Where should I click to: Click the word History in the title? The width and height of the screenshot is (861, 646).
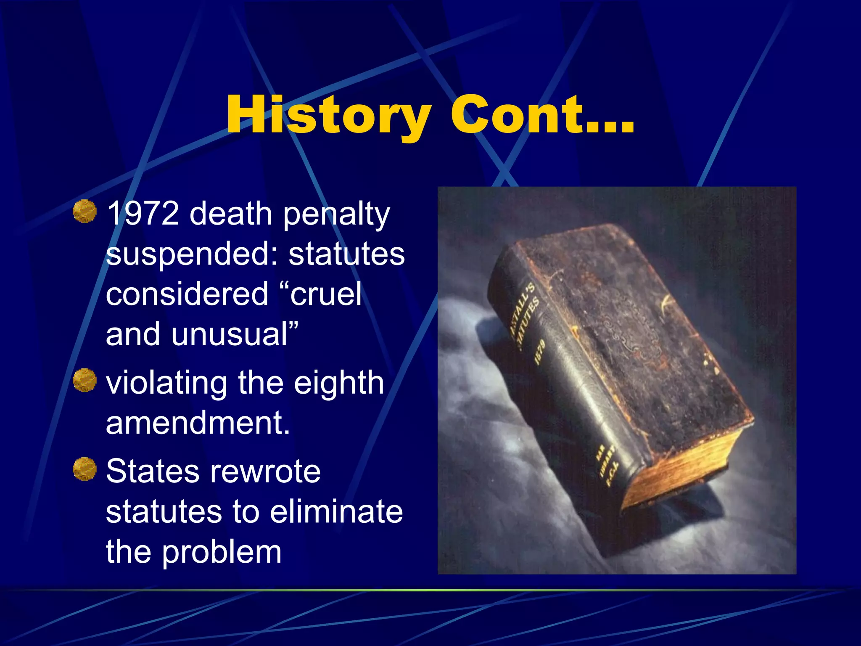328,114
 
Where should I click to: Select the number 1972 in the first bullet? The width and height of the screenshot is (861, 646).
143,214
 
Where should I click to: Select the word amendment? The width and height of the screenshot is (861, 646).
198,423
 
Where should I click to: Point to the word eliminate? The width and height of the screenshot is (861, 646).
336,511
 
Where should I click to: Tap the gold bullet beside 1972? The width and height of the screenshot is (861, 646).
85,211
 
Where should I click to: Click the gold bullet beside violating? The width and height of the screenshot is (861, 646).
85,380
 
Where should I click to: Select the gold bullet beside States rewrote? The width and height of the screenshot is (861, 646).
85,469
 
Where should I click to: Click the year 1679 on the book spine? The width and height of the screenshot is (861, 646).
539,352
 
